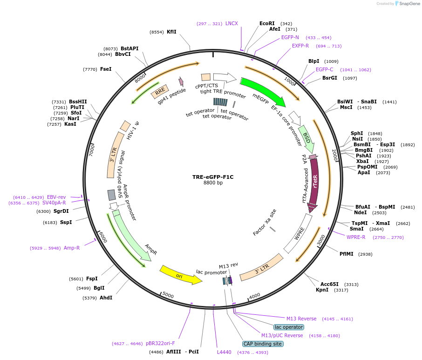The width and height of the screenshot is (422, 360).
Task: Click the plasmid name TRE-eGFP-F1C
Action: [x=213, y=177]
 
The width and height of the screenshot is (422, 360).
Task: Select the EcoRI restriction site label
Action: [x=267, y=23]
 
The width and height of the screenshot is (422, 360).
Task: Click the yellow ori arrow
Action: [x=180, y=275]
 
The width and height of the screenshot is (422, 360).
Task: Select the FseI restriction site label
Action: [x=106, y=69]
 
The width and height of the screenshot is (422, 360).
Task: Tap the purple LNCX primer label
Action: [x=231, y=23]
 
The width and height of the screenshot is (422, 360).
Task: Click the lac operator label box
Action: [x=289, y=327]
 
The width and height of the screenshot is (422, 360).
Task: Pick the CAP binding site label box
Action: [x=262, y=344]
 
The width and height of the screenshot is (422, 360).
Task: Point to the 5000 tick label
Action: [x=168, y=296]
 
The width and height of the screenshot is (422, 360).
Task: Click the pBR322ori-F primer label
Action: [x=160, y=343]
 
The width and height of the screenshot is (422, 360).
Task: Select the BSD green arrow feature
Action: [x=306, y=138]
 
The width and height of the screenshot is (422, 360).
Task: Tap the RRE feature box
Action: [x=160, y=90]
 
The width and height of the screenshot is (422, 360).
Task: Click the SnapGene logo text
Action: [x=408, y=4]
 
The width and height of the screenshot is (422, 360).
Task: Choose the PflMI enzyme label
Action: [x=346, y=254]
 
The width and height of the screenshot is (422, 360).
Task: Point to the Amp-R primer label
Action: [x=71, y=248]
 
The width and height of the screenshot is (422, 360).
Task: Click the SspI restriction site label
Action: [x=66, y=223]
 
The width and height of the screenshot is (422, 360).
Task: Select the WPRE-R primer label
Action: [x=355, y=237]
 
